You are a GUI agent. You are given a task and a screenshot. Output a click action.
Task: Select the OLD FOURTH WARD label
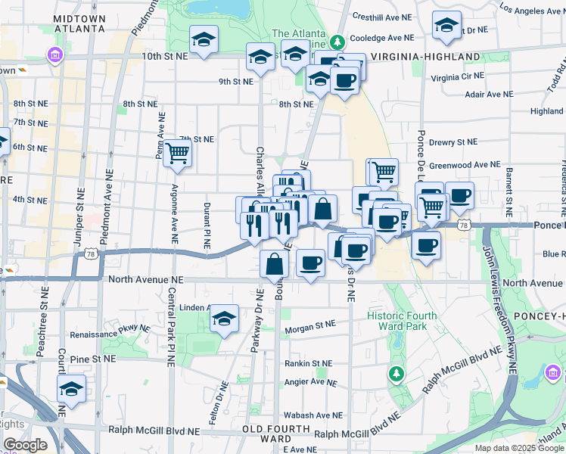tap(266, 434)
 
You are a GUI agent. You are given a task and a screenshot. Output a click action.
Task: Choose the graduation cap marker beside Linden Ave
tap(224, 319)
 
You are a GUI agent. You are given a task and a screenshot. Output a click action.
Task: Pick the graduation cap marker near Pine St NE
tap(71, 389)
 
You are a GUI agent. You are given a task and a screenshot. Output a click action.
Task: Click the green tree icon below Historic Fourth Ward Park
tap(396, 373)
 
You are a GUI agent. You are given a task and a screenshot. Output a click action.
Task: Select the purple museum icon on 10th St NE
tap(54, 55)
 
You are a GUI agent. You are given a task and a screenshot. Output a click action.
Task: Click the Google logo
tap(24, 445)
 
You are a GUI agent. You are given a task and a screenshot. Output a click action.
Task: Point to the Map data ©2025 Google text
tap(518, 448)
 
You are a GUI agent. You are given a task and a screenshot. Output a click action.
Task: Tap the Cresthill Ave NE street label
tap(382, 16)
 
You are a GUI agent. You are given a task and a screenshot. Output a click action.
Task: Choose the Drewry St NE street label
tap(453, 141)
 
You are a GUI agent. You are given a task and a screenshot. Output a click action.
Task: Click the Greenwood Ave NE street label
tap(465, 164)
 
